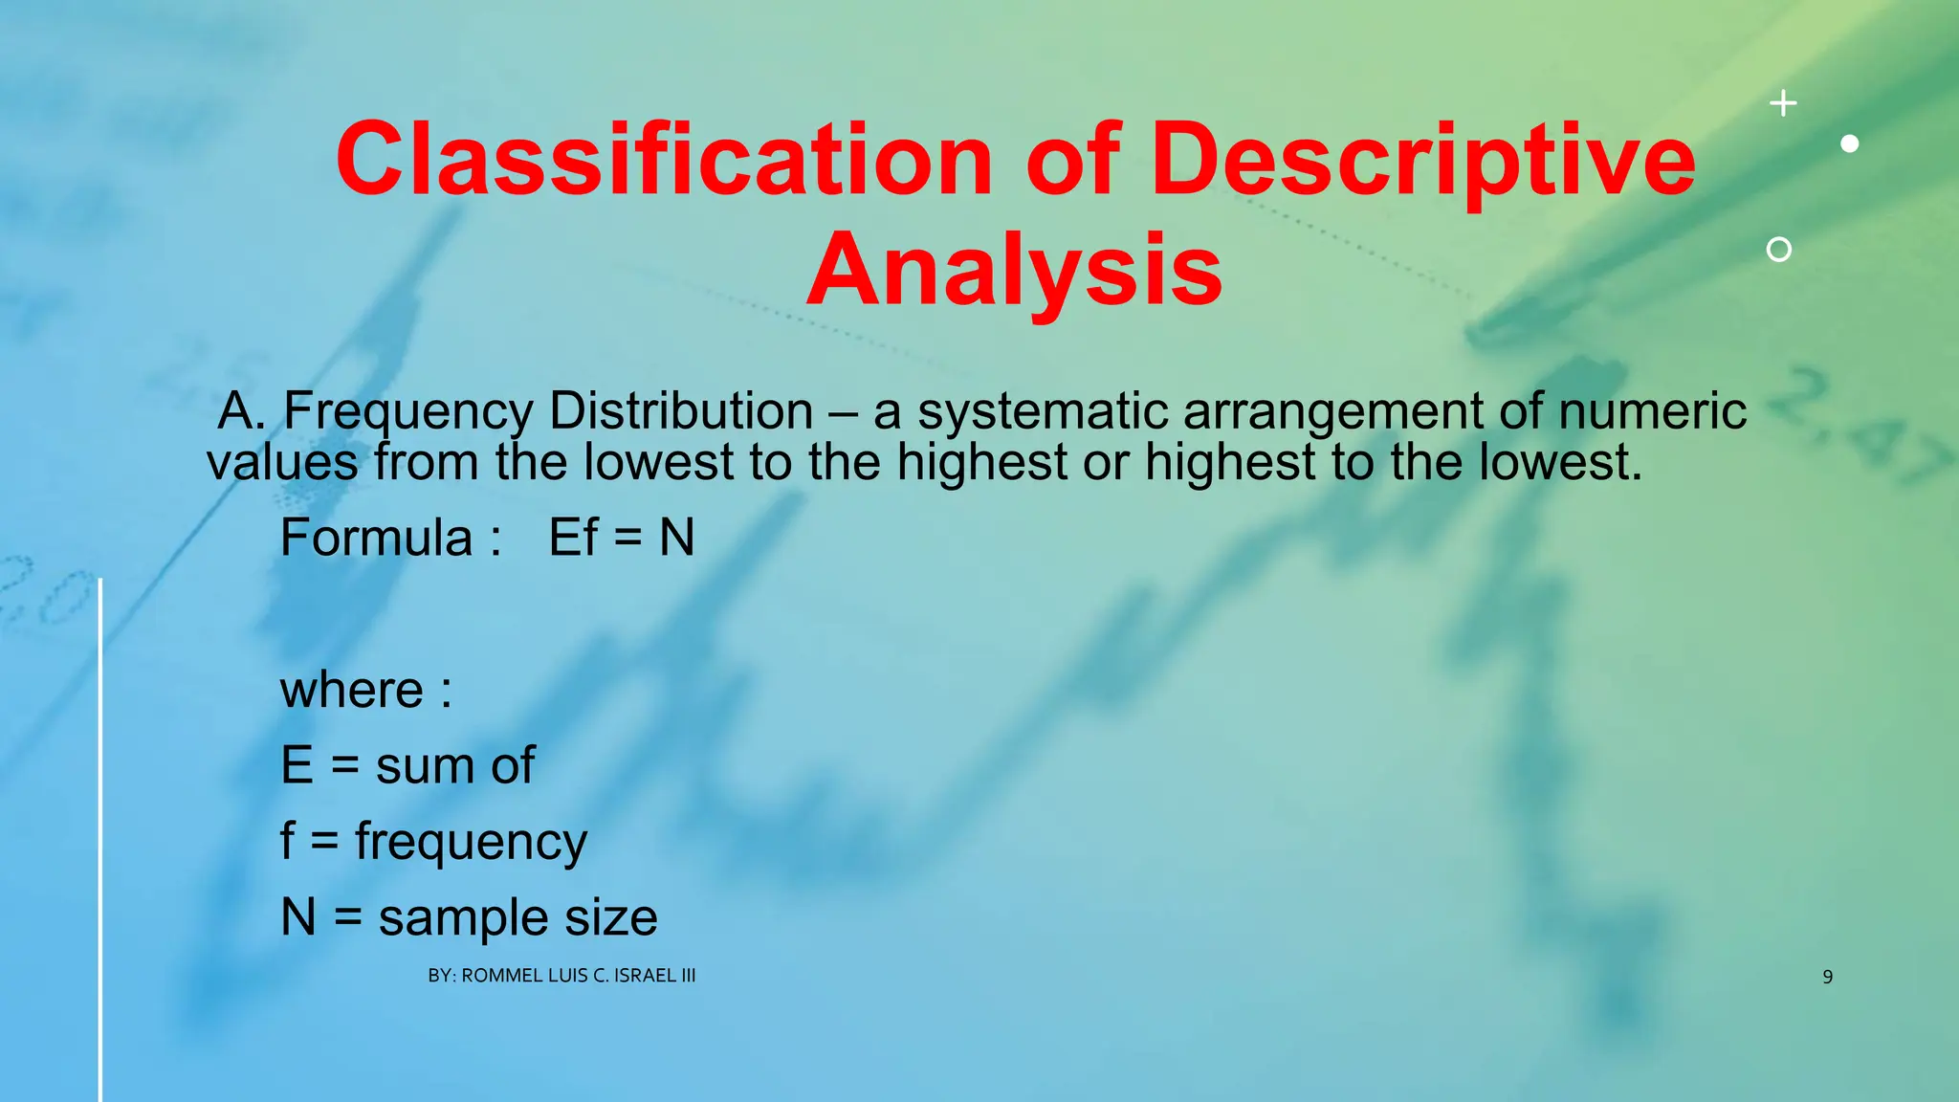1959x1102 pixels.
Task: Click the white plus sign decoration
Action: (1783, 103)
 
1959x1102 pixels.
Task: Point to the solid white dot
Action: (1850, 143)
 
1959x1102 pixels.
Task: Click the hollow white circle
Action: (1779, 250)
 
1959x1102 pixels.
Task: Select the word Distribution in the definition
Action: (680, 411)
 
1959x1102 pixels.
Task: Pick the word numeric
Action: (1652, 411)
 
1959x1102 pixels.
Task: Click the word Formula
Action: (376, 538)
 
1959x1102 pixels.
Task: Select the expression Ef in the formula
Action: (573, 538)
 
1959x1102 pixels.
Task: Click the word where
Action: (351, 690)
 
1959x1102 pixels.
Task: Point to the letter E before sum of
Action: (297, 765)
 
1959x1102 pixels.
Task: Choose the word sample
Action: (464, 918)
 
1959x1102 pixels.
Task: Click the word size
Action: (611, 917)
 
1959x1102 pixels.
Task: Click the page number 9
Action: (1827, 977)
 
